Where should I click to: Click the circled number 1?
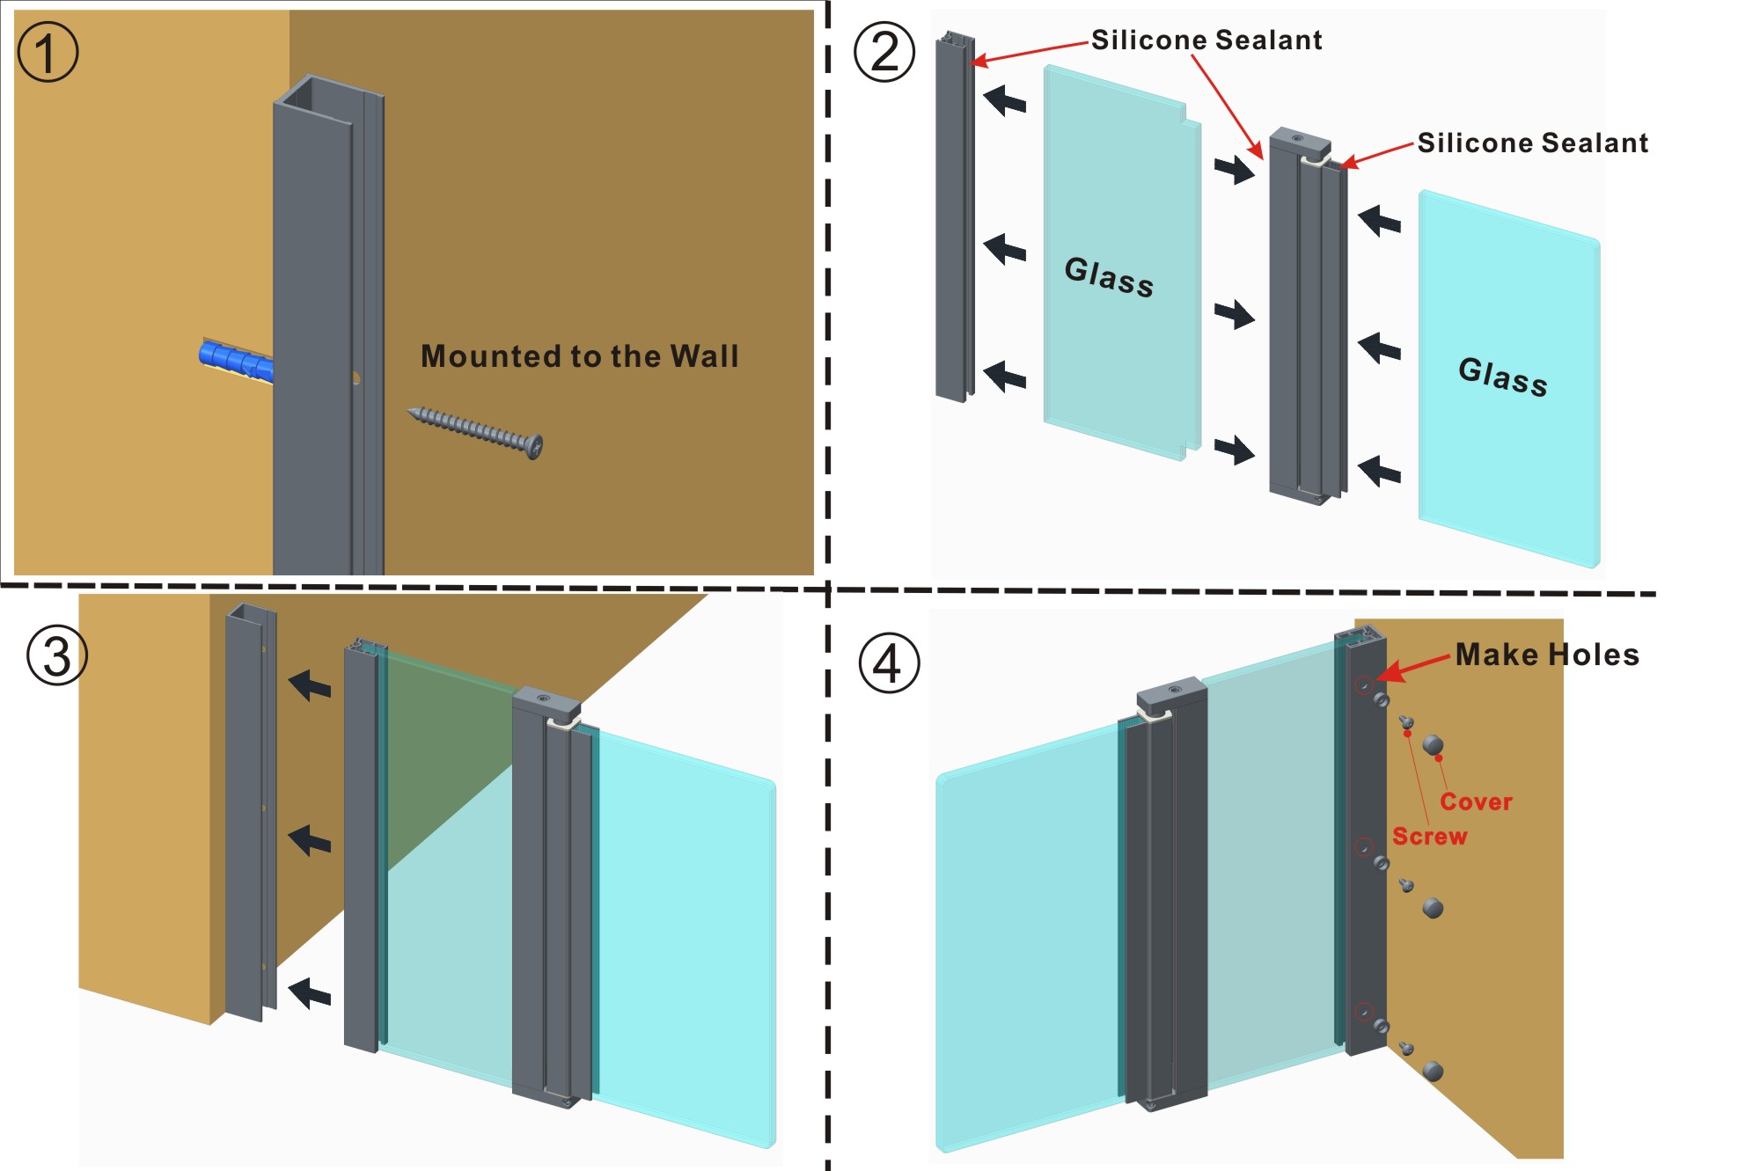[48, 53]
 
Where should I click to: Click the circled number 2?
[884, 53]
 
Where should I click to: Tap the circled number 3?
[57, 656]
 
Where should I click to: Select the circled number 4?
[889, 663]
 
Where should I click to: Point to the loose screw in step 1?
[475, 431]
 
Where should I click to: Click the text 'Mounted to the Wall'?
[579, 356]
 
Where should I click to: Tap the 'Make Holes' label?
[1547, 655]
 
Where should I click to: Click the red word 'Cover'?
[1476, 801]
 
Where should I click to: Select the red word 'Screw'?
[1429, 836]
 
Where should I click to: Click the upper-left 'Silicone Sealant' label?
[1206, 40]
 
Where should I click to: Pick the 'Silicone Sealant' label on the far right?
[1532, 143]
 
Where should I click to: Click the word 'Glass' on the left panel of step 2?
[1109, 277]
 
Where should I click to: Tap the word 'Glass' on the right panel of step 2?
[1502, 377]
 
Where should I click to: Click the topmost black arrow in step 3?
[311, 684]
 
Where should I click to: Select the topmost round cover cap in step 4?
[1433, 745]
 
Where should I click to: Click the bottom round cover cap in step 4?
[1433, 1071]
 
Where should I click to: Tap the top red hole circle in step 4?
[1363, 684]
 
